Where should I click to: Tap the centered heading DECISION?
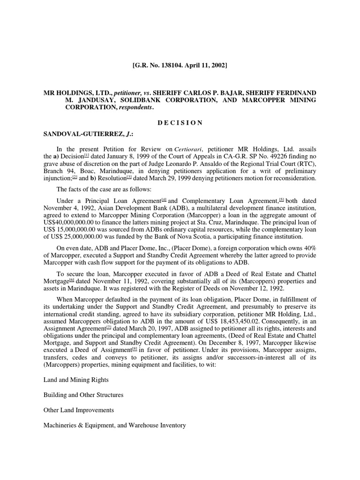[180, 123]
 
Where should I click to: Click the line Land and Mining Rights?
[76, 380]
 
